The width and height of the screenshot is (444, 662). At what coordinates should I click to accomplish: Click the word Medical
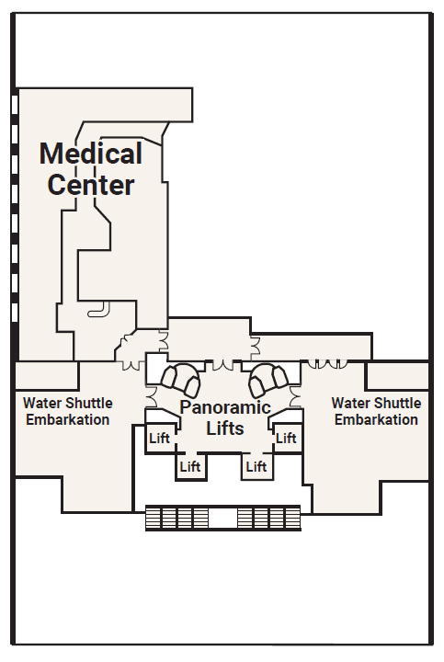click(x=91, y=154)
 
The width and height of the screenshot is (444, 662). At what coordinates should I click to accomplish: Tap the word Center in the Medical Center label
click(x=91, y=185)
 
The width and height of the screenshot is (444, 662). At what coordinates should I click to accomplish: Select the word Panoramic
click(x=225, y=407)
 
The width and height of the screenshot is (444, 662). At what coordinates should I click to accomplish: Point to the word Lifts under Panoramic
click(x=225, y=428)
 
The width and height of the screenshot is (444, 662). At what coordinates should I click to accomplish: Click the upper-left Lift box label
click(x=159, y=439)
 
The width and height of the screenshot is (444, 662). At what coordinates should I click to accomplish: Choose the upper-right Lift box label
click(x=286, y=439)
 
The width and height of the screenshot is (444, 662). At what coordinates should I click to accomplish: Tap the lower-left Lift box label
click(x=190, y=466)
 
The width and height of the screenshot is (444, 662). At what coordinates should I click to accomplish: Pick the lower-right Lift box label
click(x=256, y=466)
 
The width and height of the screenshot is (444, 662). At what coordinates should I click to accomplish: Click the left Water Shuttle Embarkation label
click(x=68, y=411)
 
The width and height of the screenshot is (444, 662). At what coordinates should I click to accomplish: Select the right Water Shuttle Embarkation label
click(x=377, y=411)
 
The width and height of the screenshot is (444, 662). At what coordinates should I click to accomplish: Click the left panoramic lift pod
click(x=181, y=380)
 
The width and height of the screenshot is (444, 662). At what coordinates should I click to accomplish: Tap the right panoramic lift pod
click(x=268, y=380)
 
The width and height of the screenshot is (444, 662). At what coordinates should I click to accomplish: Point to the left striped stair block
click(x=177, y=518)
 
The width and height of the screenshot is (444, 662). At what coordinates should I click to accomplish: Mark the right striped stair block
click(x=268, y=518)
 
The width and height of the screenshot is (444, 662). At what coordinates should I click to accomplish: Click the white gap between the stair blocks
click(x=223, y=517)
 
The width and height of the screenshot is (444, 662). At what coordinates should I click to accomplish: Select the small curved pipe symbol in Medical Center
click(x=98, y=310)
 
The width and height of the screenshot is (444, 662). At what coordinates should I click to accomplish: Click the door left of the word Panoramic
click(x=152, y=397)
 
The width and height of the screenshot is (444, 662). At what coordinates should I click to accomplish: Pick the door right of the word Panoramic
click(x=295, y=397)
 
